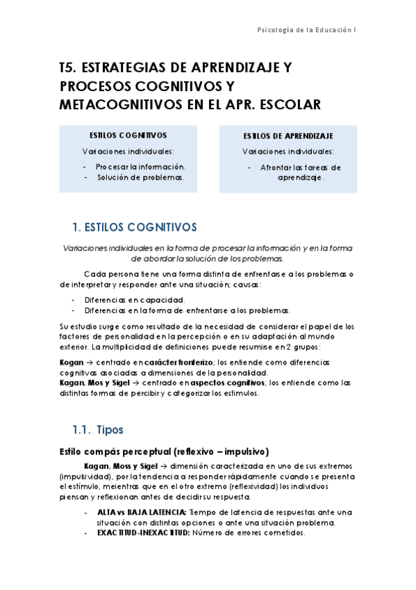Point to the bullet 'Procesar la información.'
click(141, 167)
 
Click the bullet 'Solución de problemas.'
click(140, 177)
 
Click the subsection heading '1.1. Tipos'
click(98, 430)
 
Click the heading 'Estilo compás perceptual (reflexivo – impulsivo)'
click(165, 451)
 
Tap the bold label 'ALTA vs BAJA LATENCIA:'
click(142, 512)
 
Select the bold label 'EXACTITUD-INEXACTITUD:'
click(142, 533)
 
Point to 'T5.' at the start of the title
click(68, 68)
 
